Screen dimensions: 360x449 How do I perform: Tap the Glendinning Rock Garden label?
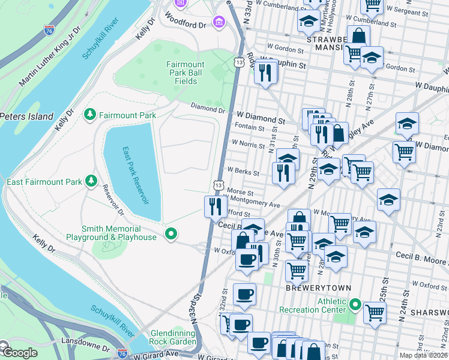[x=173, y=337]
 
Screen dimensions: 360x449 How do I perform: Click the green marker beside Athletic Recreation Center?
[x=355, y=305]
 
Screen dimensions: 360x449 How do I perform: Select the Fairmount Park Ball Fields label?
[x=185, y=73]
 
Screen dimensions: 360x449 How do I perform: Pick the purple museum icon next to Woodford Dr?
[x=219, y=23]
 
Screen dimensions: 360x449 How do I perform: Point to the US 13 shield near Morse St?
[x=220, y=185]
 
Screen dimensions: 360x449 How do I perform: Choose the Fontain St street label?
[x=250, y=128]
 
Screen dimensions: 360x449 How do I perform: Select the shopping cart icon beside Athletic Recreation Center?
[x=375, y=311]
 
